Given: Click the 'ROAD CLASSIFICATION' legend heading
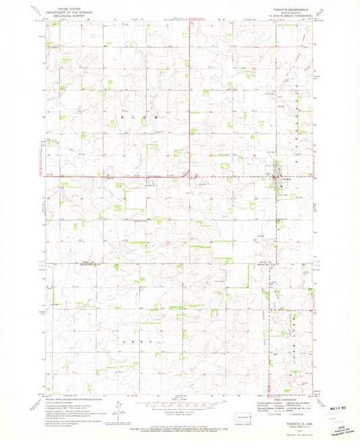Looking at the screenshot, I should (x=284, y=400).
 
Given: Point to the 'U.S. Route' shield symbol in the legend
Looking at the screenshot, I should (x=269, y=414).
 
